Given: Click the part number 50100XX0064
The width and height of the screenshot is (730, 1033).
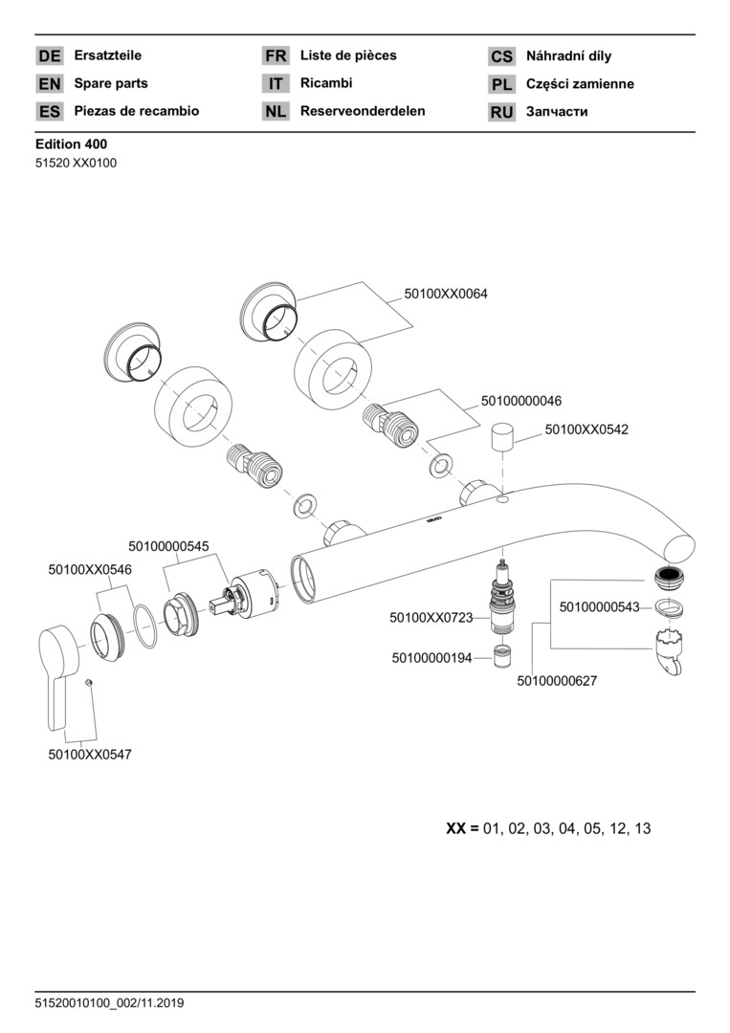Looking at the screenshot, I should coord(445,294).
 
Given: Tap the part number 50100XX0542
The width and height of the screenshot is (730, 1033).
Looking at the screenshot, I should coord(586,430).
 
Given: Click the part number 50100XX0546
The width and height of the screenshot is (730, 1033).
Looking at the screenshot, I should coord(90,569).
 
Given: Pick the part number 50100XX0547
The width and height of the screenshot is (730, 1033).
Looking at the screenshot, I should coord(90,754).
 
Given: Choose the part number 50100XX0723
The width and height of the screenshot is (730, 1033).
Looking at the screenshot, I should coord(431,618).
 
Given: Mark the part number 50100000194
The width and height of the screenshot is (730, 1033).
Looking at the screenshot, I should coord(431,658).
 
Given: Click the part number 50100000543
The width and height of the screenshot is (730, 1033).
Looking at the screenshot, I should coord(599,606).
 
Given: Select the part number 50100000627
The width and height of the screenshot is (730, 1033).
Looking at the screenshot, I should coord(558,681).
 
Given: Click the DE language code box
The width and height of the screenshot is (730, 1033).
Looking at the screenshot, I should coord(50,56).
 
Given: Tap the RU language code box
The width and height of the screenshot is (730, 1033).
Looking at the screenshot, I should coord(501,112).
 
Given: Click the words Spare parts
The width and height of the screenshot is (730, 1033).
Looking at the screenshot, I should coord(111,83).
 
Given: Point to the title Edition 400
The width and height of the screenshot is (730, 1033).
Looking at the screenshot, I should coord(71,144).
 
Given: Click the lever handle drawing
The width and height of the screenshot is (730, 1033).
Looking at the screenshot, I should coord(64,670).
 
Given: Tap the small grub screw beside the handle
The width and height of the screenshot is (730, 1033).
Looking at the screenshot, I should coord(87,682).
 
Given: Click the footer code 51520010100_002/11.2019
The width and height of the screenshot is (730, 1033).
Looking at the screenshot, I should coord(109,1003).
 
